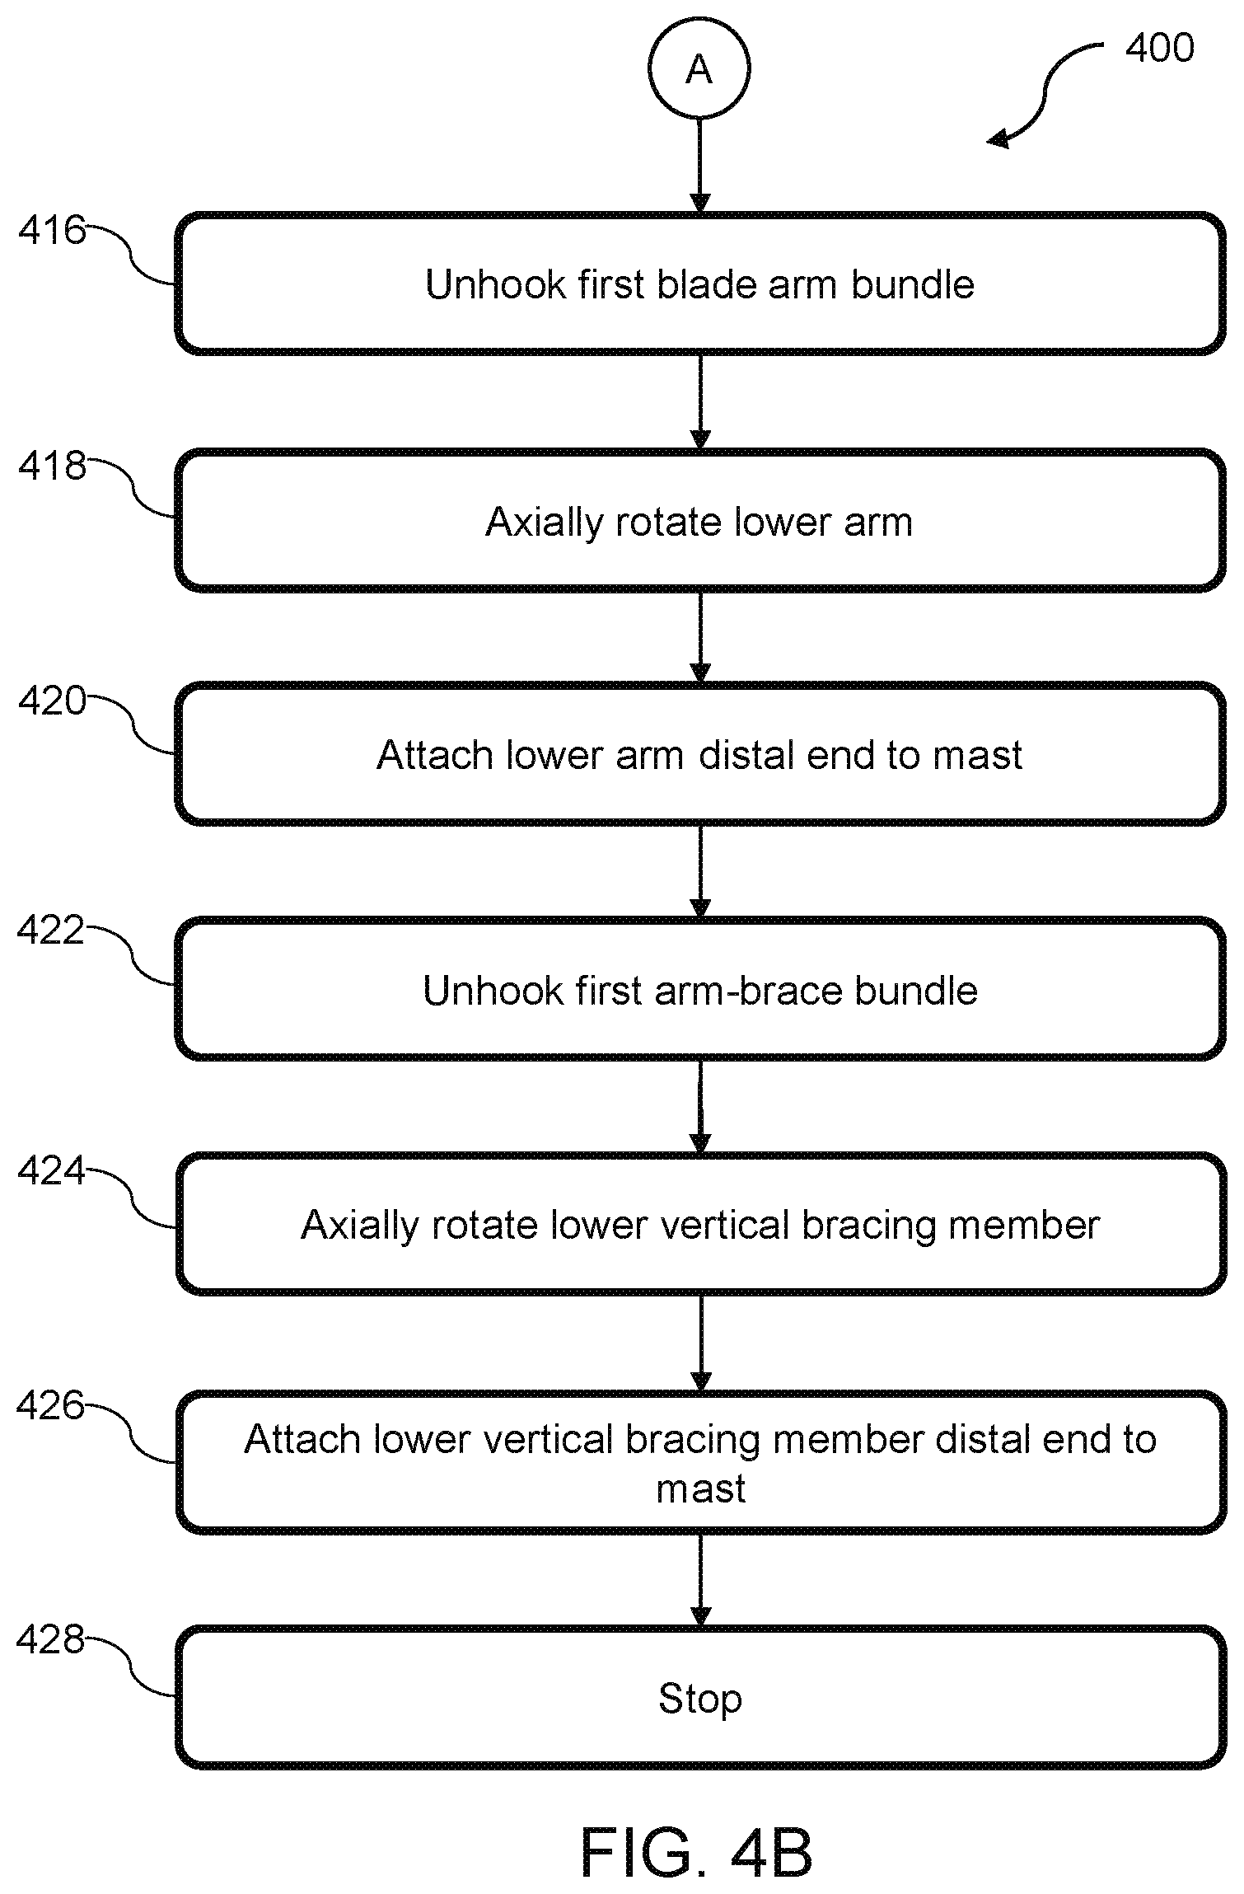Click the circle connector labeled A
point(699,69)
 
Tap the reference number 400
point(1159,48)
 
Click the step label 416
point(52,231)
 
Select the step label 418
point(52,466)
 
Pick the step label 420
point(52,701)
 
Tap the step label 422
point(51,931)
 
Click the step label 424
point(51,1170)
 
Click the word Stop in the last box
point(700,1699)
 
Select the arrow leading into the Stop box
point(700,1579)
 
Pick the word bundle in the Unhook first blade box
point(913,284)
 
